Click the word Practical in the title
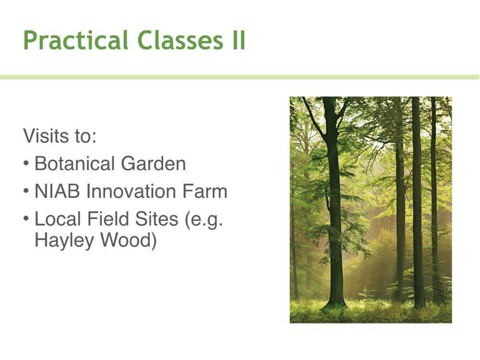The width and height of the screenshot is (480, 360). (x=75, y=40)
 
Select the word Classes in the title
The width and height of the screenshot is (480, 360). (x=180, y=40)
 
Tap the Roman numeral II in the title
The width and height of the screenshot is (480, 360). (x=239, y=40)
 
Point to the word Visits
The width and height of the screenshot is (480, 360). (x=46, y=136)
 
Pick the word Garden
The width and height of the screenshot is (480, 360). (x=154, y=163)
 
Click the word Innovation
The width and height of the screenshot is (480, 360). (x=131, y=191)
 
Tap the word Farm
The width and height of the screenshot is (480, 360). (x=205, y=191)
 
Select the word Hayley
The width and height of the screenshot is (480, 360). (x=64, y=240)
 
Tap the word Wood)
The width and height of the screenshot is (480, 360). (x=129, y=240)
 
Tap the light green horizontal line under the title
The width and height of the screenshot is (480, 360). (x=240, y=77)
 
